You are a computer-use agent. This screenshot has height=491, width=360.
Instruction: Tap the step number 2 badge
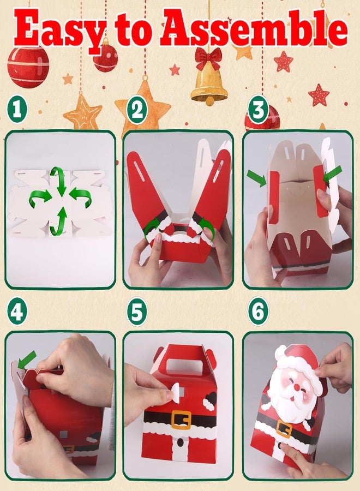[137, 109]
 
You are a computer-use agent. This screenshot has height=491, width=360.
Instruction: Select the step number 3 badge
[258, 109]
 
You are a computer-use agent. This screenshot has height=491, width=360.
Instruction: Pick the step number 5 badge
[137, 311]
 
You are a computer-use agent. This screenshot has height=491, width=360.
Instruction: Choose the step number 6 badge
[258, 311]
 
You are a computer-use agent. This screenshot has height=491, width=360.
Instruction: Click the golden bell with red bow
[209, 77]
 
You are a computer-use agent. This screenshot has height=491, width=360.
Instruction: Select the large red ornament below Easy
[28, 67]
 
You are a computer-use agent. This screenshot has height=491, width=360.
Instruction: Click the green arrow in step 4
[27, 360]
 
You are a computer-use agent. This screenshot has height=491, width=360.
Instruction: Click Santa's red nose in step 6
[296, 388]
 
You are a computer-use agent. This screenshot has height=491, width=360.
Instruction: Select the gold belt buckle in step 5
[181, 420]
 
